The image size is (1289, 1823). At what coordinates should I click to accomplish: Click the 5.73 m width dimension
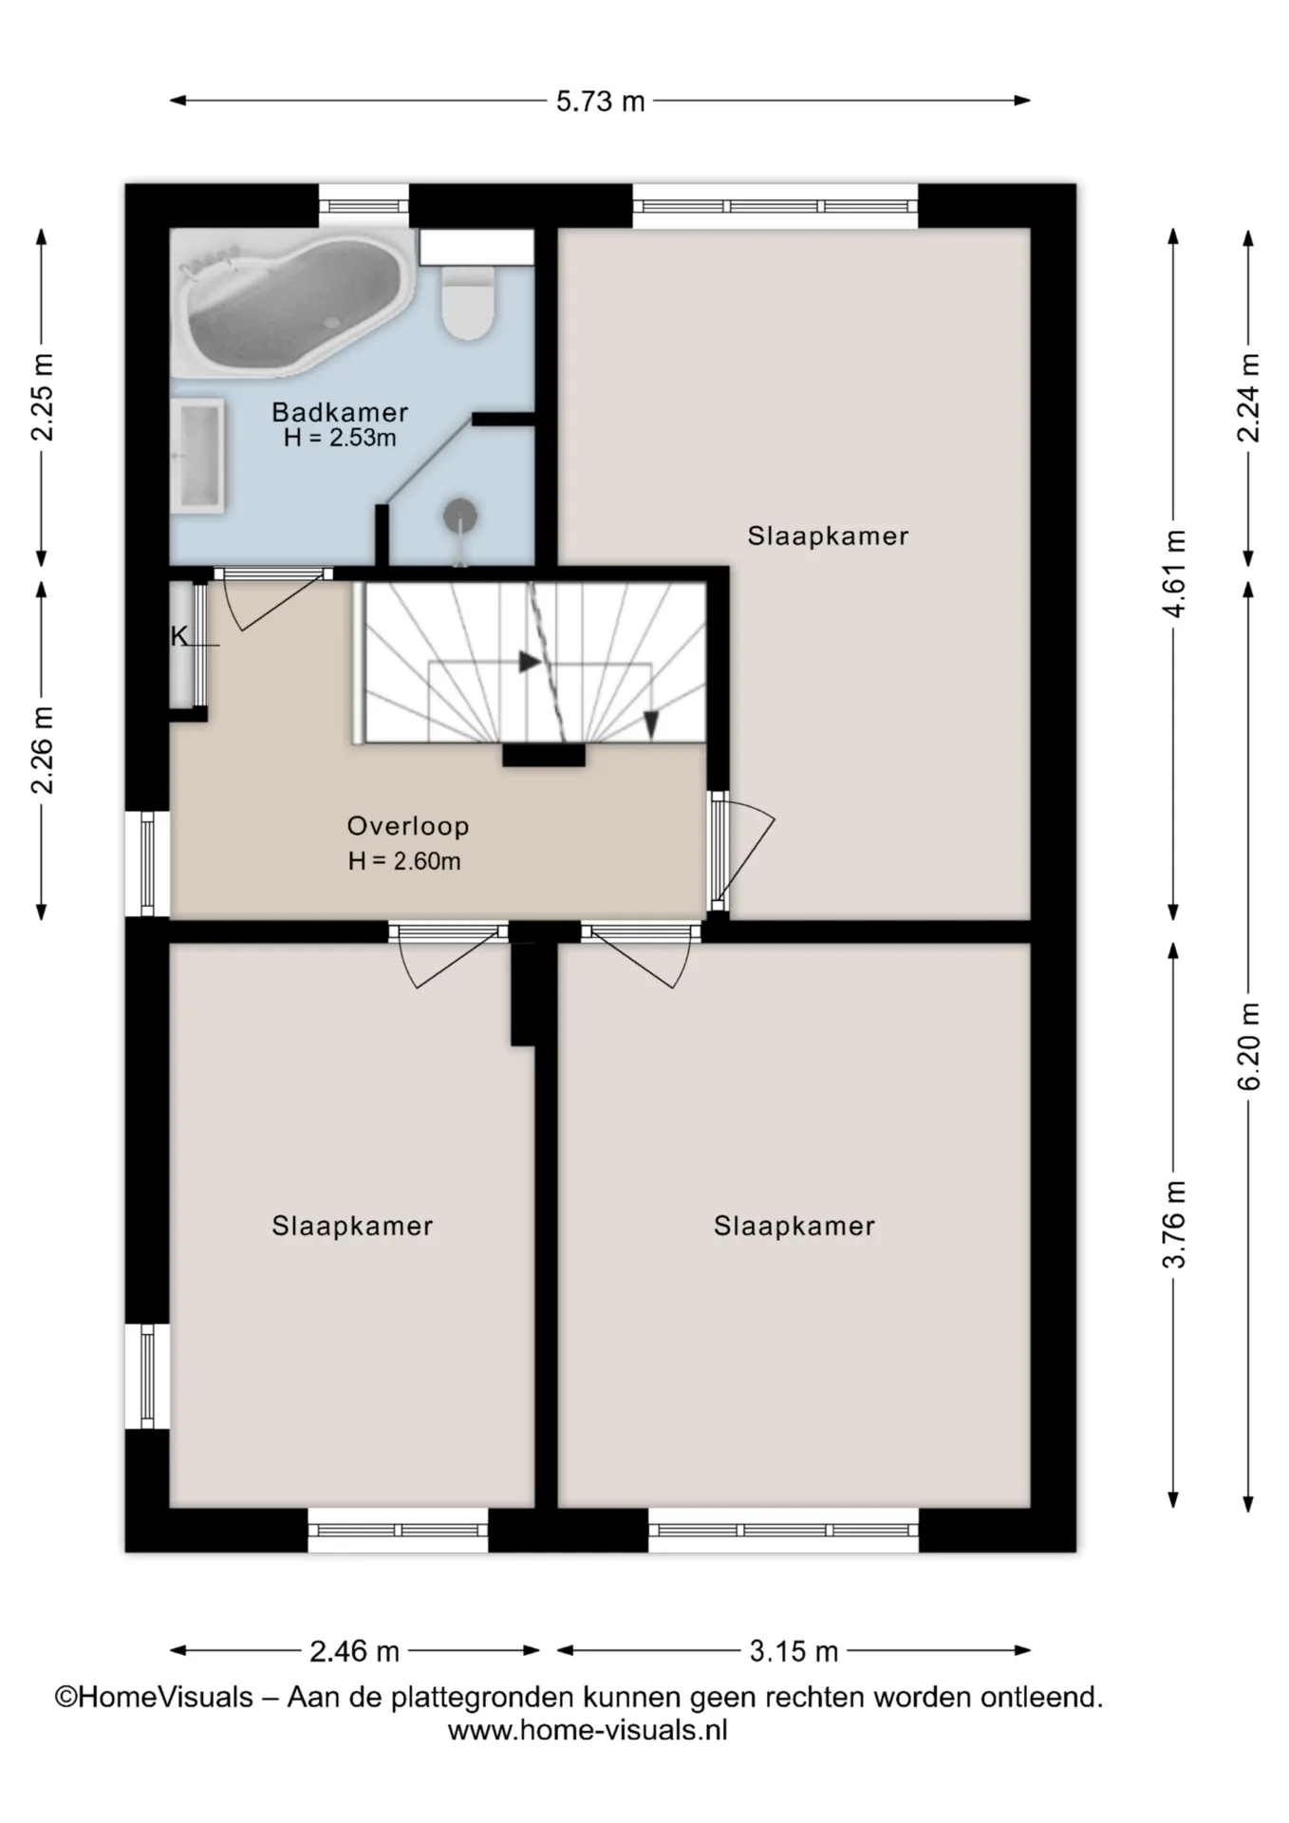click(x=600, y=101)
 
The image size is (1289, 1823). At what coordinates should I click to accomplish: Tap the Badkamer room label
click(x=340, y=412)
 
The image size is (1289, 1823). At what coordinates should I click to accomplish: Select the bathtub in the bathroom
click(x=292, y=304)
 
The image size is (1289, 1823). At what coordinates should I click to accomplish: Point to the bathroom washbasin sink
click(x=197, y=457)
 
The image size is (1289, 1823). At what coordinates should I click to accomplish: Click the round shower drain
click(x=460, y=517)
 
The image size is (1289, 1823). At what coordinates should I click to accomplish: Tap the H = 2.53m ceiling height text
click(x=340, y=438)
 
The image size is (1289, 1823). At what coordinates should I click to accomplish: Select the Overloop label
click(x=408, y=826)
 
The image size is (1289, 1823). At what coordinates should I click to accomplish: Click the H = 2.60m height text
click(x=404, y=861)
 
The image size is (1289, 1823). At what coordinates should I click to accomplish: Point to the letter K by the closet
click(x=178, y=636)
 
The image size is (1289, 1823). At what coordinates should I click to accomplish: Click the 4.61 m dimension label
click(x=1174, y=573)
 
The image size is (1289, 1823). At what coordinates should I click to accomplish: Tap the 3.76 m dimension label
click(x=1174, y=1224)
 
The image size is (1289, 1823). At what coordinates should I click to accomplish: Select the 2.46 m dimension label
click(x=354, y=1651)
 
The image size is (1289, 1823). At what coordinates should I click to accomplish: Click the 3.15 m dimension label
click(x=794, y=1651)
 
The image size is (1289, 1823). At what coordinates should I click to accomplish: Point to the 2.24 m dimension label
click(x=1249, y=398)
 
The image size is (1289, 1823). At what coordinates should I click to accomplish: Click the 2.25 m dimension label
click(x=42, y=397)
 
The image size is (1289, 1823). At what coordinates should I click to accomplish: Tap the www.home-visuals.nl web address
click(x=588, y=1730)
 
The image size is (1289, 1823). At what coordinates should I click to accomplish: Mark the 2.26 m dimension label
click(x=42, y=750)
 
